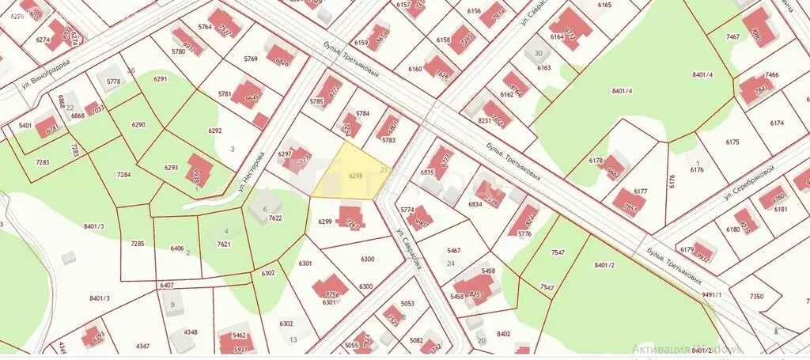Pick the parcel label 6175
[x=731, y=142]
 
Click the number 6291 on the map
[x=161, y=79]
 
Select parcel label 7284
[x=123, y=174]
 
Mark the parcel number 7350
[x=757, y=296]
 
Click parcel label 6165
[x=605, y=6]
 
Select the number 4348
[x=190, y=332]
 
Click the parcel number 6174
[x=776, y=123]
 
